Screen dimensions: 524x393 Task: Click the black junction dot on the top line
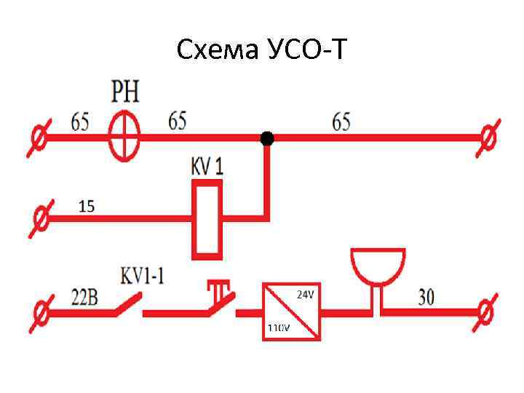click(267, 138)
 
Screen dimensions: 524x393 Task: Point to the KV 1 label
click(207, 166)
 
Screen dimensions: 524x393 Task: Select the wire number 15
click(87, 207)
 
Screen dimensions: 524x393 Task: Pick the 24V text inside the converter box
click(306, 294)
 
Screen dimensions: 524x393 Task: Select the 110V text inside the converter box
click(278, 327)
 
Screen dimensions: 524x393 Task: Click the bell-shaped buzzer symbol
click(377, 268)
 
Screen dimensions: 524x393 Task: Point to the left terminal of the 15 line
click(41, 218)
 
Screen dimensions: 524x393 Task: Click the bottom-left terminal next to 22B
click(41, 312)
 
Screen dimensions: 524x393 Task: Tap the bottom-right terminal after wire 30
click(486, 311)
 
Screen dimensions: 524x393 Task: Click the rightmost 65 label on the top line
click(341, 121)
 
